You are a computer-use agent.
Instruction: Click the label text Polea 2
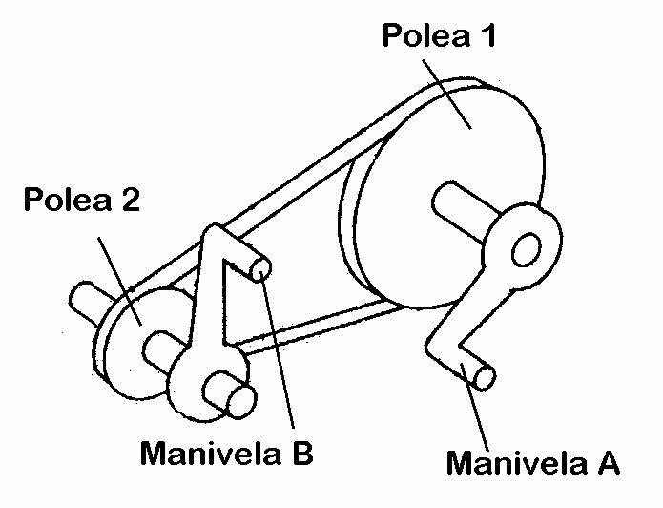coord(82,201)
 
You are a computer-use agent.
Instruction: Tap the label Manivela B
coord(225,452)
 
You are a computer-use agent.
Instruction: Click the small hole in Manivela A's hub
coord(523,253)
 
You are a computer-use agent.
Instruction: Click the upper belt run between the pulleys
coord(277,191)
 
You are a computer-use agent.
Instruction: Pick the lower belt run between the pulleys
coord(305,325)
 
